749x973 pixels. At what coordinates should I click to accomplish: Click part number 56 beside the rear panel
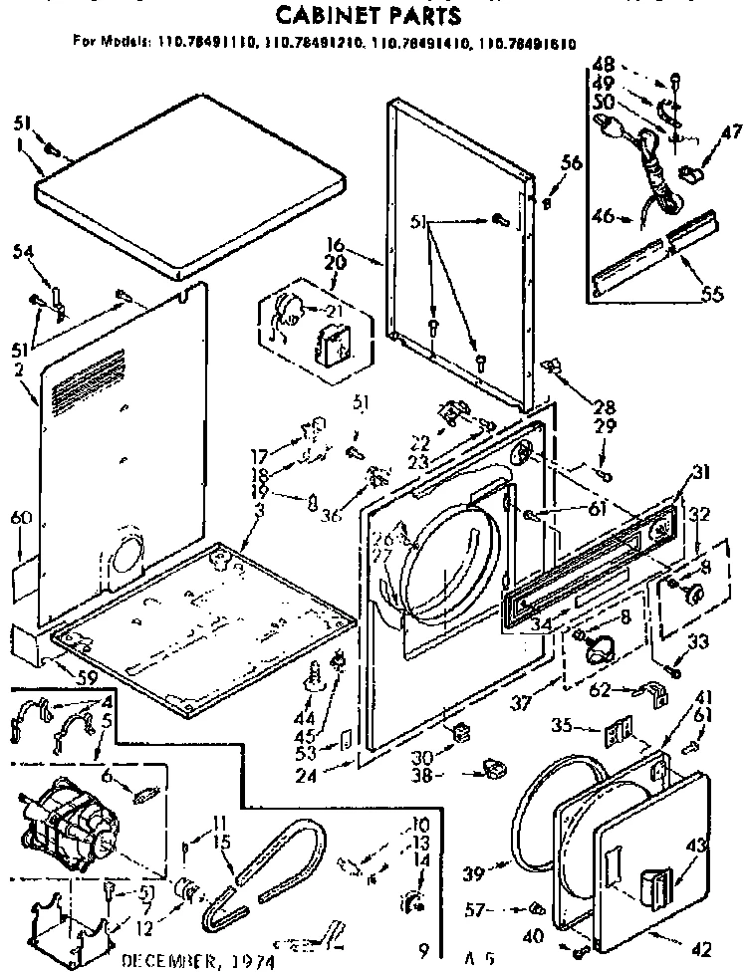570,166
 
